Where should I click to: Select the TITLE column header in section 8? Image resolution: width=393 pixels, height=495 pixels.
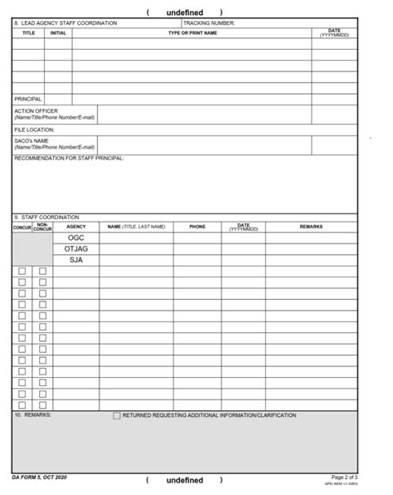pyautogui.click(x=28, y=33)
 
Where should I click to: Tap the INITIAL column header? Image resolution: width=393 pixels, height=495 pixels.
pyautogui.click(x=58, y=33)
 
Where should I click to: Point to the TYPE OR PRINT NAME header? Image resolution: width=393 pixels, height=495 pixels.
pyautogui.click(x=192, y=33)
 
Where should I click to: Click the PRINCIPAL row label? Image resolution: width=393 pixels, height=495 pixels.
pyautogui.click(x=28, y=99)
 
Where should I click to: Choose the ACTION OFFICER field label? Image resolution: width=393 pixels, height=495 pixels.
pyautogui.click(x=36, y=111)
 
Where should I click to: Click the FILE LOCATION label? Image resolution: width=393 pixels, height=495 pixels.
pyautogui.click(x=34, y=130)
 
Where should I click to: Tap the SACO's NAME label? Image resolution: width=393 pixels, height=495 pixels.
pyautogui.click(x=32, y=141)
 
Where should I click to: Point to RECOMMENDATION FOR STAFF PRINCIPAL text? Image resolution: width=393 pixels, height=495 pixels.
pyautogui.click(x=70, y=158)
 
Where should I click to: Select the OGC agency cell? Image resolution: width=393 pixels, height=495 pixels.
pyautogui.click(x=76, y=238)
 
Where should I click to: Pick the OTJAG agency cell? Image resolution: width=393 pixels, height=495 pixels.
pyautogui.click(x=76, y=249)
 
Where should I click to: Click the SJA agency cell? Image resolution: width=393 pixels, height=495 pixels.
pyautogui.click(x=76, y=260)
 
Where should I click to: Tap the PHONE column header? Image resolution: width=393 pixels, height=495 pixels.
pyautogui.click(x=197, y=227)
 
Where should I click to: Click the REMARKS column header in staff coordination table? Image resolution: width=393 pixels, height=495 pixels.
pyautogui.click(x=311, y=227)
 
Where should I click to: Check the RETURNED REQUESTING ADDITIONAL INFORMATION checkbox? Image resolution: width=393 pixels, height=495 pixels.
pyautogui.click(x=117, y=416)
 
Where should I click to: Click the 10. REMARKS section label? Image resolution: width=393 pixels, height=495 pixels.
pyautogui.click(x=32, y=415)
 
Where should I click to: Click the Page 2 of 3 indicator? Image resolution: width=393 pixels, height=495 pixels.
pyautogui.click(x=344, y=478)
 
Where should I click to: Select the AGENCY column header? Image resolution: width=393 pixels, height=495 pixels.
pyautogui.click(x=76, y=227)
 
